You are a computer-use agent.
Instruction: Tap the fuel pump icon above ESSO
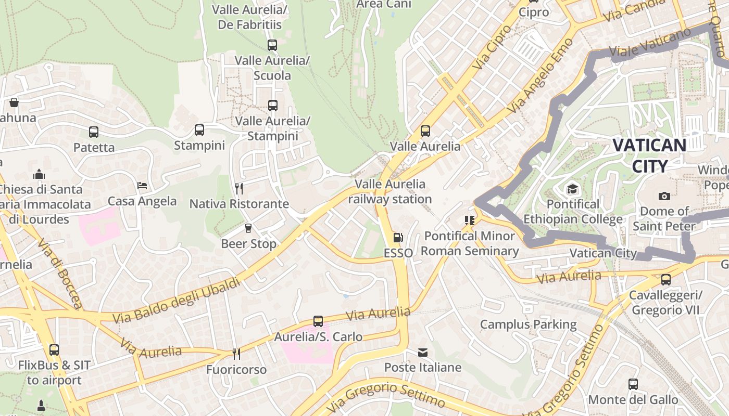pos(398,238)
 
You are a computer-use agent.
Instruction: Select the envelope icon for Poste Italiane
pos(423,353)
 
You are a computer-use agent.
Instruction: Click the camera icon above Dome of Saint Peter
pos(664,196)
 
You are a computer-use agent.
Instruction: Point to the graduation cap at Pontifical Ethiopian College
pos(572,189)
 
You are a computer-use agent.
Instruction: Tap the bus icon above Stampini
pos(199,130)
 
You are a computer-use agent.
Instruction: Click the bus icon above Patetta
pos(94,132)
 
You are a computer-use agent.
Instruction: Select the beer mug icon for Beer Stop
pos(248,228)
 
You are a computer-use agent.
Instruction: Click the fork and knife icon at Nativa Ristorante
pos(239,188)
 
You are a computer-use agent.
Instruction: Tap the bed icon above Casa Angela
pos(142,186)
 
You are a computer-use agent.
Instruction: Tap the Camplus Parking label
pos(528,325)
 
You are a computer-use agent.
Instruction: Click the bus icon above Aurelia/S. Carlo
pos(318,321)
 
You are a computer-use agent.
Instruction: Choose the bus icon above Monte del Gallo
pos(633,384)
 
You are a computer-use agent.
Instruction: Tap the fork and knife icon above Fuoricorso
pos(236,354)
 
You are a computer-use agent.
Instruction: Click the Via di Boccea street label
pos(60,274)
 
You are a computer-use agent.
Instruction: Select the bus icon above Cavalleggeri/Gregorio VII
pos(665,280)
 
